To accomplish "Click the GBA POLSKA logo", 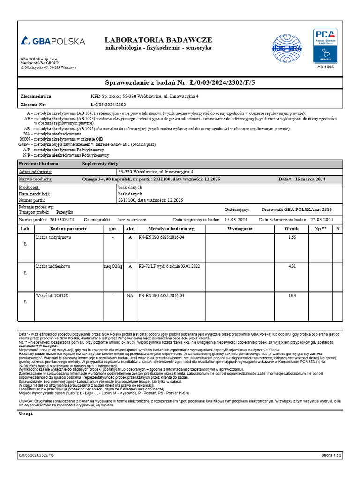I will pyautogui.click(x=52, y=41).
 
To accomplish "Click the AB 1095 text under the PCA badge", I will pyautogui.click(x=326, y=67).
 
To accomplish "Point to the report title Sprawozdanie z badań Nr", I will pyautogui.click(x=180, y=82).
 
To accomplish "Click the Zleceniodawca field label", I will pyautogui.click(x=37, y=96).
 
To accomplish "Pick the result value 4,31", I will pyautogui.click(x=292, y=266).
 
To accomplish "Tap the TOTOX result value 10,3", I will pyautogui.click(x=292, y=296).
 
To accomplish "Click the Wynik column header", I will pyautogui.click(x=292, y=228).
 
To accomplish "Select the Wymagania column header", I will pyautogui.click(x=240, y=228).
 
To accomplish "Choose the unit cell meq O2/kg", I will pyautogui.click(x=113, y=266).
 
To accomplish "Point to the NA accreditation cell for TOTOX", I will pyautogui.click(x=130, y=296).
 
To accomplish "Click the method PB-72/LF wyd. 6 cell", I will pyautogui.click(x=169, y=266).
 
